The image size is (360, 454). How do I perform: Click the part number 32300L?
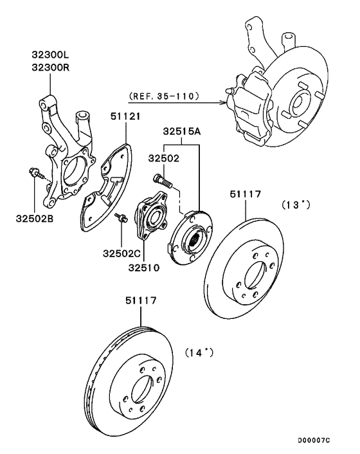point(51,55)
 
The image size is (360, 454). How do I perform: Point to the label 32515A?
point(181,131)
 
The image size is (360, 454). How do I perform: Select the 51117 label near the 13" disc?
point(246,193)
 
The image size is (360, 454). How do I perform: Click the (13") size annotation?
point(295,205)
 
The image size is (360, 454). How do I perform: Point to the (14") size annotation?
point(199,352)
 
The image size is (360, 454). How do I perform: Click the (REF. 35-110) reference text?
point(165,97)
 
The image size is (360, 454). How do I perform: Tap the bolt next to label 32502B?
point(34,172)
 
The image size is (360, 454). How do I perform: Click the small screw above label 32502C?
point(120,220)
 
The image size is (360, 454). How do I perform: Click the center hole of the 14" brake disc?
point(139,392)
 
